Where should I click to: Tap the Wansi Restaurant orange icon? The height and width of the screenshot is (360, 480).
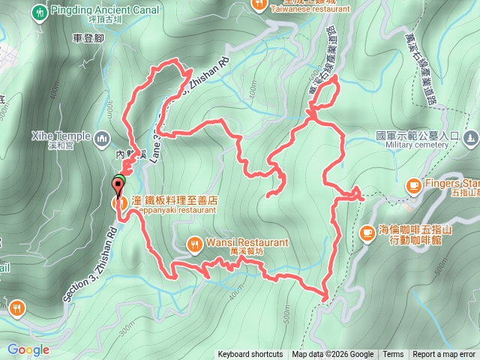click(x=194, y=243)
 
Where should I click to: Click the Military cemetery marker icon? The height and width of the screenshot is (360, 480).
click(x=470, y=137)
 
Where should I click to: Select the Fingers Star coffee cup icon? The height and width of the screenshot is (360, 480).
click(x=413, y=184)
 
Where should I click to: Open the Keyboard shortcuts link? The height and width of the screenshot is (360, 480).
click(x=250, y=355)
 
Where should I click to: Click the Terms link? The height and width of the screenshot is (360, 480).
click(x=393, y=355)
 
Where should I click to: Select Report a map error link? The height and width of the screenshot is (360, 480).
click(x=444, y=355)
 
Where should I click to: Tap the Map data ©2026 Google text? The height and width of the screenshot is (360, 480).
click(x=332, y=355)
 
